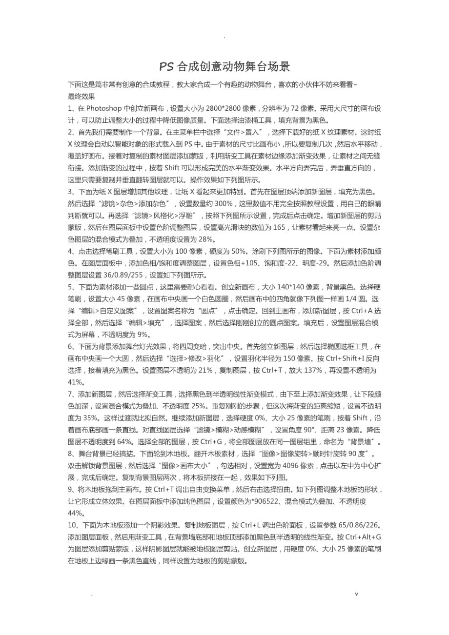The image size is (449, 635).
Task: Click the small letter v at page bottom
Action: tap(357, 594)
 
